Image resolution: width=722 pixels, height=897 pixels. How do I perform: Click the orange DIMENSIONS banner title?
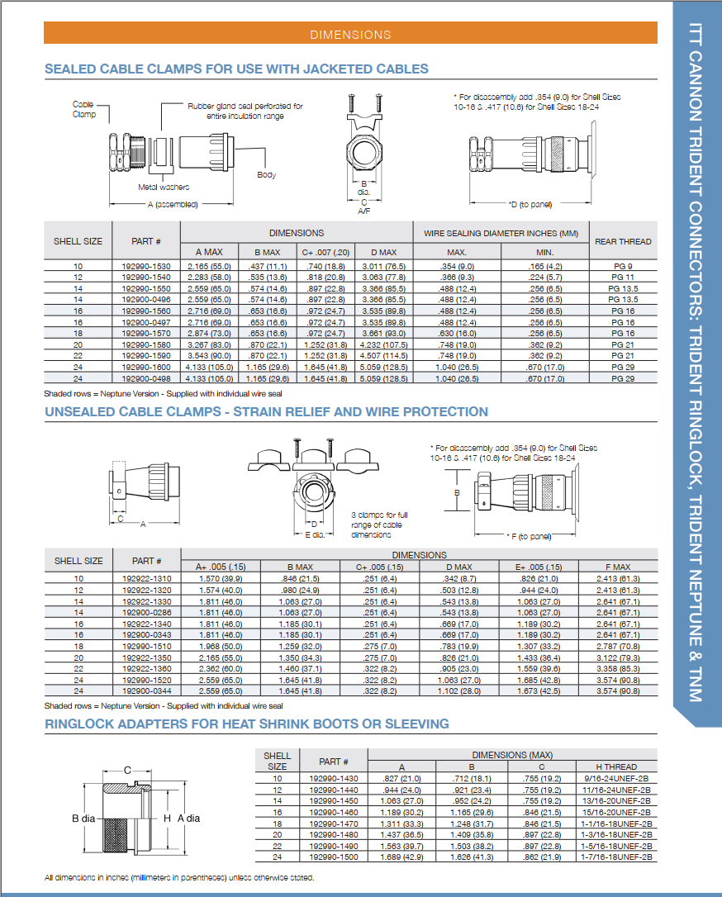(x=350, y=35)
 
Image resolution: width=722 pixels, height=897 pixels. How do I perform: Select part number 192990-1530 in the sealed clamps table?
(x=145, y=266)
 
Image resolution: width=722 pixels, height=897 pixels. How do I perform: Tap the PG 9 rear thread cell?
(x=623, y=266)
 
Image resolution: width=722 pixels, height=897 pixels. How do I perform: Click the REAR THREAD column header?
(x=623, y=241)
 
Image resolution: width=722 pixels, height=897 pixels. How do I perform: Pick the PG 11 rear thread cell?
(x=623, y=278)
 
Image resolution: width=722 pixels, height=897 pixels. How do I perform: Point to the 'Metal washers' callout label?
(x=164, y=187)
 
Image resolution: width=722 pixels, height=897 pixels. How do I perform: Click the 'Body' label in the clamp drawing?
(x=266, y=175)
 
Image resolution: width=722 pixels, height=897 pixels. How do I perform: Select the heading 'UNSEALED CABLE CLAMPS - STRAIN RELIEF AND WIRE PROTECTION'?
(x=266, y=411)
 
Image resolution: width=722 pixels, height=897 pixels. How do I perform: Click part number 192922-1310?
(x=145, y=578)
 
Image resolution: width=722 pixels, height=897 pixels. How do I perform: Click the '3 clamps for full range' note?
(x=379, y=524)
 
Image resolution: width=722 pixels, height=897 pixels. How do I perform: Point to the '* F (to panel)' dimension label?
(x=528, y=536)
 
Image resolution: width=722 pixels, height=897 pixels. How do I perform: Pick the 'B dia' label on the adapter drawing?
(x=84, y=818)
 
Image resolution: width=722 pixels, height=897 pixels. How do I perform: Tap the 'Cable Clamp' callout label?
(x=83, y=109)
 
